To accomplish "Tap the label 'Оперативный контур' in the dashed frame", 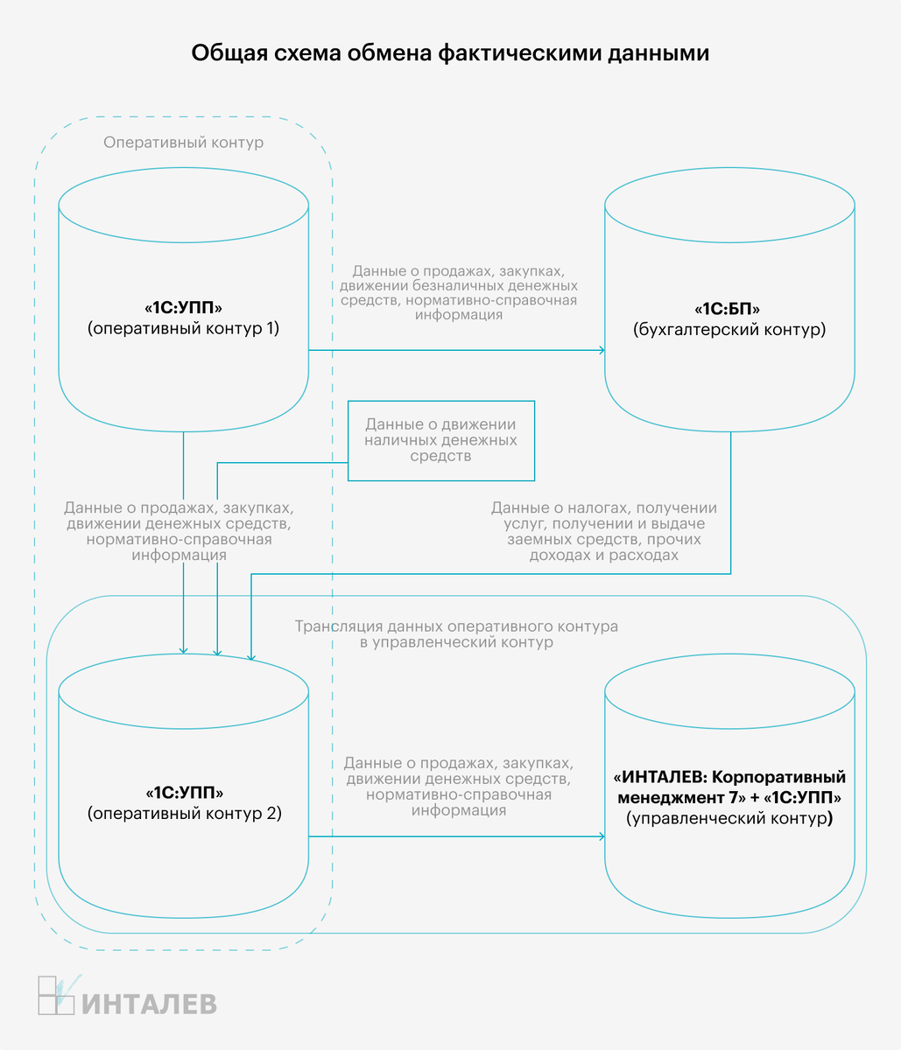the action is coord(184,143).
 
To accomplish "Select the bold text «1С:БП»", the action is coord(727,309).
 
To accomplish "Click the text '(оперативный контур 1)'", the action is coord(184,329).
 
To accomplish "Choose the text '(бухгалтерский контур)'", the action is coord(729,330).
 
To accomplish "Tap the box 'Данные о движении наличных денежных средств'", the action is coord(440,441).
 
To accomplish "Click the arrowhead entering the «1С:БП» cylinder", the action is coord(602,350).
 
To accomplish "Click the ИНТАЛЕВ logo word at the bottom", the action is coord(149,1004).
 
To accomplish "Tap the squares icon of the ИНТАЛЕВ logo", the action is coord(56,996).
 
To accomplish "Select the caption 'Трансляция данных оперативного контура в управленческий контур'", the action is coord(456,634).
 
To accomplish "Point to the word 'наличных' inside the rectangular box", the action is coord(401,440).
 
